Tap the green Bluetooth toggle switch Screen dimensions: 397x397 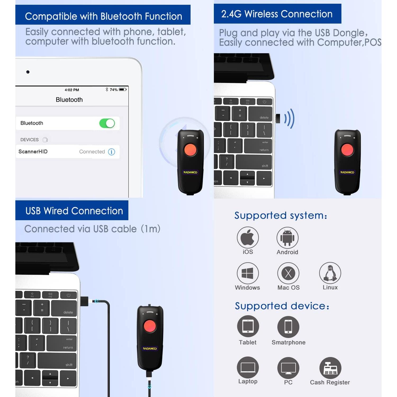pyautogui.click(x=107, y=123)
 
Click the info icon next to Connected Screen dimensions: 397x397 pyautogui.click(x=112, y=152)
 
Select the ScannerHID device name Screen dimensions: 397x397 pyautogui.click(x=33, y=151)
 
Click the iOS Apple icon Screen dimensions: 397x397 pyautogui.click(x=248, y=237)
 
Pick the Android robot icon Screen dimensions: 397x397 pyautogui.click(x=287, y=238)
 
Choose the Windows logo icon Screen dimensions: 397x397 pyautogui.click(x=248, y=273)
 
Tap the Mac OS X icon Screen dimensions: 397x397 pyautogui.click(x=288, y=273)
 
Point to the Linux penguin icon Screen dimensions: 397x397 pyautogui.click(x=330, y=273)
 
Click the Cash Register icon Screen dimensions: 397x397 pyautogui.click(x=330, y=368)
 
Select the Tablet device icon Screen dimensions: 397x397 pyautogui.click(x=248, y=327)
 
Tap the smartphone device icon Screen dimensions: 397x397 pyautogui.click(x=288, y=327)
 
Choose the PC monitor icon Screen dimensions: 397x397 pyautogui.click(x=288, y=368)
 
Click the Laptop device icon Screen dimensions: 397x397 pyautogui.click(x=248, y=367)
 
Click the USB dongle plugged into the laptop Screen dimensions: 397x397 pyautogui.click(x=278, y=119)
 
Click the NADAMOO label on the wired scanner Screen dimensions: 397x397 pyautogui.click(x=150, y=349)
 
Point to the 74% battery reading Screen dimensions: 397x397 pyautogui.click(x=114, y=90)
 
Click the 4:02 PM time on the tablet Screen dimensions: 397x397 pyautogui.click(x=72, y=90)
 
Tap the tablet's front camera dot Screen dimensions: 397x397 pyautogui.click(x=28, y=72)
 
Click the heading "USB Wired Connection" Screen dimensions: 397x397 pyautogui.click(x=74, y=211)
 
